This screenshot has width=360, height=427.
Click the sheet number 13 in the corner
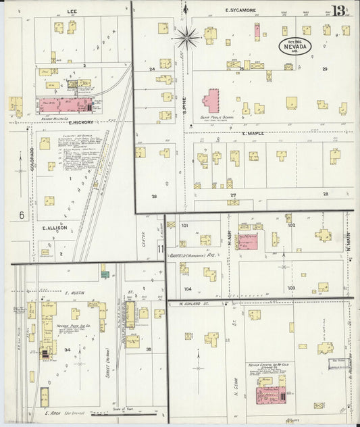click(339, 11)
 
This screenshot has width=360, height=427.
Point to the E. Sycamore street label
click(241, 11)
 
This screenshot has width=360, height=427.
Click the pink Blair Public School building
click(211, 101)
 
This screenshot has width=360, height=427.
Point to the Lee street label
click(71, 11)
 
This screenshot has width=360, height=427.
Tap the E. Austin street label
click(73, 293)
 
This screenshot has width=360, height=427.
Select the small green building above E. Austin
click(105, 274)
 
